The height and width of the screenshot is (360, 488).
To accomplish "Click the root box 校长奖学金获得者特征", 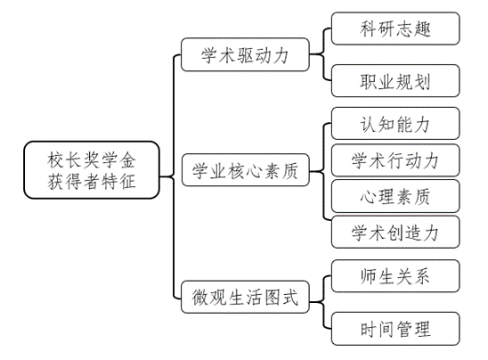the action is pyautogui.click(x=92, y=170).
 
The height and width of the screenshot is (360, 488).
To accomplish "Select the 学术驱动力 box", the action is pyautogui.click(x=245, y=54).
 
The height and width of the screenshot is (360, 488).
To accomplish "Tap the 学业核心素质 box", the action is pyautogui.click(x=245, y=170).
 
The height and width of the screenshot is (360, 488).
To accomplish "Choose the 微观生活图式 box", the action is pyautogui.click(x=245, y=297).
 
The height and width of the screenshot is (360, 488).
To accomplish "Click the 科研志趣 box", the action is pyautogui.click(x=395, y=29).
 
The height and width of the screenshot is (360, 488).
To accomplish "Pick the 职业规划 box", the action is pyautogui.click(x=395, y=81).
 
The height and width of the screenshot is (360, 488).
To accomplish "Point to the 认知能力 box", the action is pyautogui.click(x=395, y=123).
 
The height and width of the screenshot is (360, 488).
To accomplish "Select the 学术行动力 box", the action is pyautogui.click(x=395, y=160).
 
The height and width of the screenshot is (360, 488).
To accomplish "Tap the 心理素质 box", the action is pyautogui.click(x=395, y=196).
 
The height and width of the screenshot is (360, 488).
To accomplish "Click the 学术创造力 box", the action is pyautogui.click(x=395, y=232).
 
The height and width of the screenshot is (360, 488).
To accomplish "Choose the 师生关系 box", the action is pyautogui.click(x=395, y=276).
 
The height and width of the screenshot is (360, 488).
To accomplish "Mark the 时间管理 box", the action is pyautogui.click(x=395, y=329).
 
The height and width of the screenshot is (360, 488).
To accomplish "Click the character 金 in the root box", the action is pyautogui.click(x=127, y=160).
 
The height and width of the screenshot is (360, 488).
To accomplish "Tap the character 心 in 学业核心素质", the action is pyautogui.click(x=254, y=171).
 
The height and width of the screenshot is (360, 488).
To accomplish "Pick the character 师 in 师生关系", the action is pyautogui.click(x=368, y=276).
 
